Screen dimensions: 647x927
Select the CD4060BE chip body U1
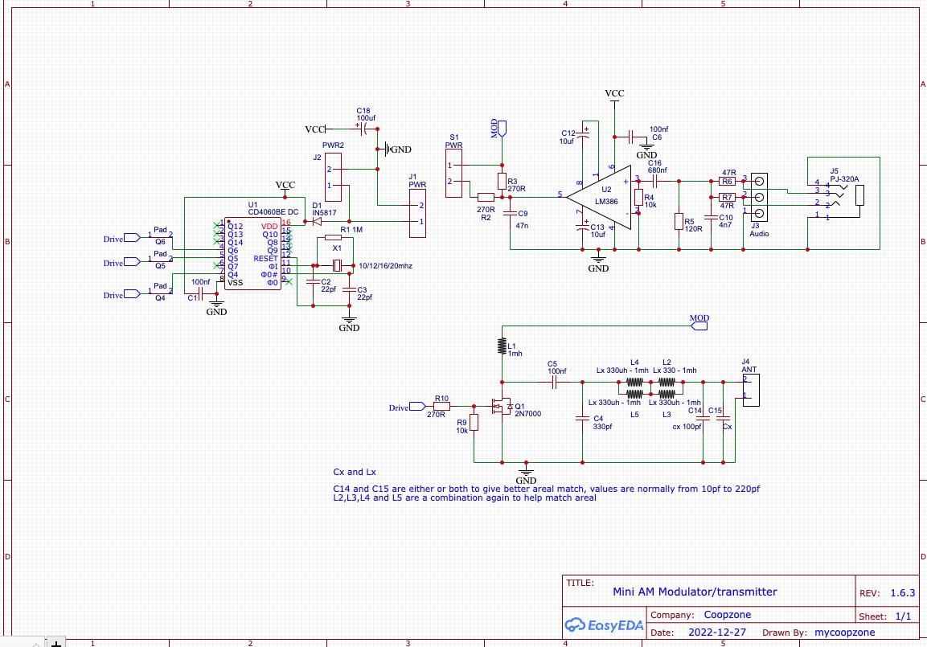pyautogui.click(x=252, y=254)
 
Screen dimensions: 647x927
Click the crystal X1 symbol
pyautogui.click(x=338, y=266)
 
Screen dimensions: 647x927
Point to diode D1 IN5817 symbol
pyautogui.click(x=317, y=221)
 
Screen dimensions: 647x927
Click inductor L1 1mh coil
pyautogui.click(x=502, y=346)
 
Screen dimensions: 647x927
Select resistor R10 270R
pyautogui.click(x=441, y=407)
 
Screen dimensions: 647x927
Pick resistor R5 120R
pyautogui.click(x=679, y=221)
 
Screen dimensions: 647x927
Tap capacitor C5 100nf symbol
pyautogui.click(x=555, y=384)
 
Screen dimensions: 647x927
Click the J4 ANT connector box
pyautogui.click(x=749, y=389)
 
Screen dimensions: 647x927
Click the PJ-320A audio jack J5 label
pyautogui.click(x=844, y=179)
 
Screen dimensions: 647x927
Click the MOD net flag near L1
pyautogui.click(x=699, y=318)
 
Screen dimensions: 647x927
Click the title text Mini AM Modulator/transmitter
pyautogui.click(x=695, y=592)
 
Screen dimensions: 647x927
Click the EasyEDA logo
pyautogui.click(x=605, y=625)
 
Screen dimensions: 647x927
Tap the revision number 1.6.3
pyautogui.click(x=902, y=592)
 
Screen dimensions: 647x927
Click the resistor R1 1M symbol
pyautogui.click(x=333, y=238)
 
